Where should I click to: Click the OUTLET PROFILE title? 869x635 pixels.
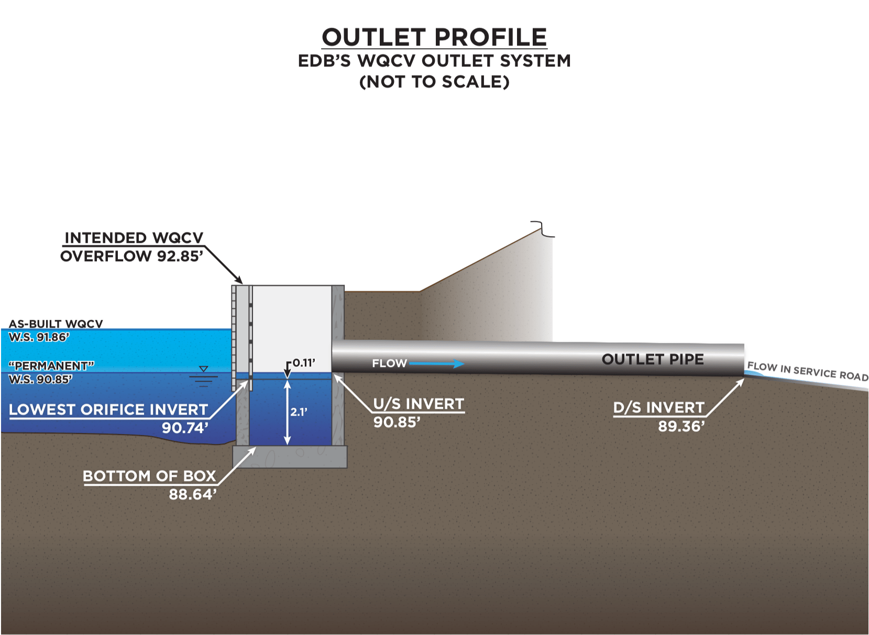pyautogui.click(x=434, y=37)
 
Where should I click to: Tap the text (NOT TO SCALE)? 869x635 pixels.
pyautogui.click(x=434, y=82)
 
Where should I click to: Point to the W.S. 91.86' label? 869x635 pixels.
pyautogui.click(x=39, y=337)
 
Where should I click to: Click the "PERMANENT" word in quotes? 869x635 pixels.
pyautogui.click(x=51, y=365)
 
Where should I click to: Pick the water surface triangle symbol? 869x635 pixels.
pyautogui.click(x=204, y=370)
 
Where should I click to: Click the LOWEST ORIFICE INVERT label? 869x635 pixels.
pyautogui.click(x=108, y=409)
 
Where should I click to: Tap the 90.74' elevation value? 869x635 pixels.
pyautogui.click(x=185, y=428)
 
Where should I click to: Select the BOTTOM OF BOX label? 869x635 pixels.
pyautogui.click(x=149, y=476)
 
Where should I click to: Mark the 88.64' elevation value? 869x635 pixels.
pyautogui.click(x=192, y=494)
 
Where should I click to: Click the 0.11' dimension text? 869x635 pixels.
pyautogui.click(x=304, y=363)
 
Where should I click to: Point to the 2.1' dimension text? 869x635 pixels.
pyautogui.click(x=299, y=412)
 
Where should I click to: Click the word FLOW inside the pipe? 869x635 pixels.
pyautogui.click(x=389, y=363)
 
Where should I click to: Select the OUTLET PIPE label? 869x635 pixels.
pyautogui.click(x=653, y=359)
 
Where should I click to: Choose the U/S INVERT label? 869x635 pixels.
pyautogui.click(x=419, y=404)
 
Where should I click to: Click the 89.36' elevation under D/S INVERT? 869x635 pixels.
pyautogui.click(x=681, y=426)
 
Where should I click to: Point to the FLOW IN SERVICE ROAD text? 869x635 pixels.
pyautogui.click(x=807, y=371)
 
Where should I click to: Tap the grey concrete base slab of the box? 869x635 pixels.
pyautogui.click(x=290, y=456)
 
